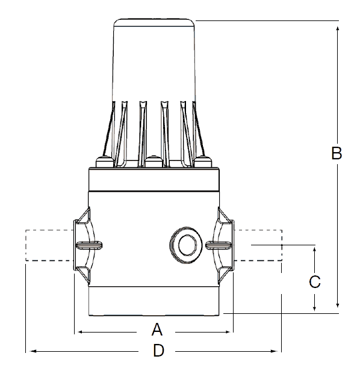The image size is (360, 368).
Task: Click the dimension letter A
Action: [x=157, y=330]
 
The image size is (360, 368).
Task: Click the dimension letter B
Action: [x=337, y=153]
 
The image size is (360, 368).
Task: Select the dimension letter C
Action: [x=314, y=281]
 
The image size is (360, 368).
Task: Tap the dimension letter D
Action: [x=158, y=351]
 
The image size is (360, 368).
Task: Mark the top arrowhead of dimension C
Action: [x=314, y=249]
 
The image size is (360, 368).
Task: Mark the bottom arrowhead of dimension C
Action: [x=314, y=308]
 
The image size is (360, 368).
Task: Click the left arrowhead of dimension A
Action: [x=78, y=331]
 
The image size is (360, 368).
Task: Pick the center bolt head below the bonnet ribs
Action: [x=154, y=161]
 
